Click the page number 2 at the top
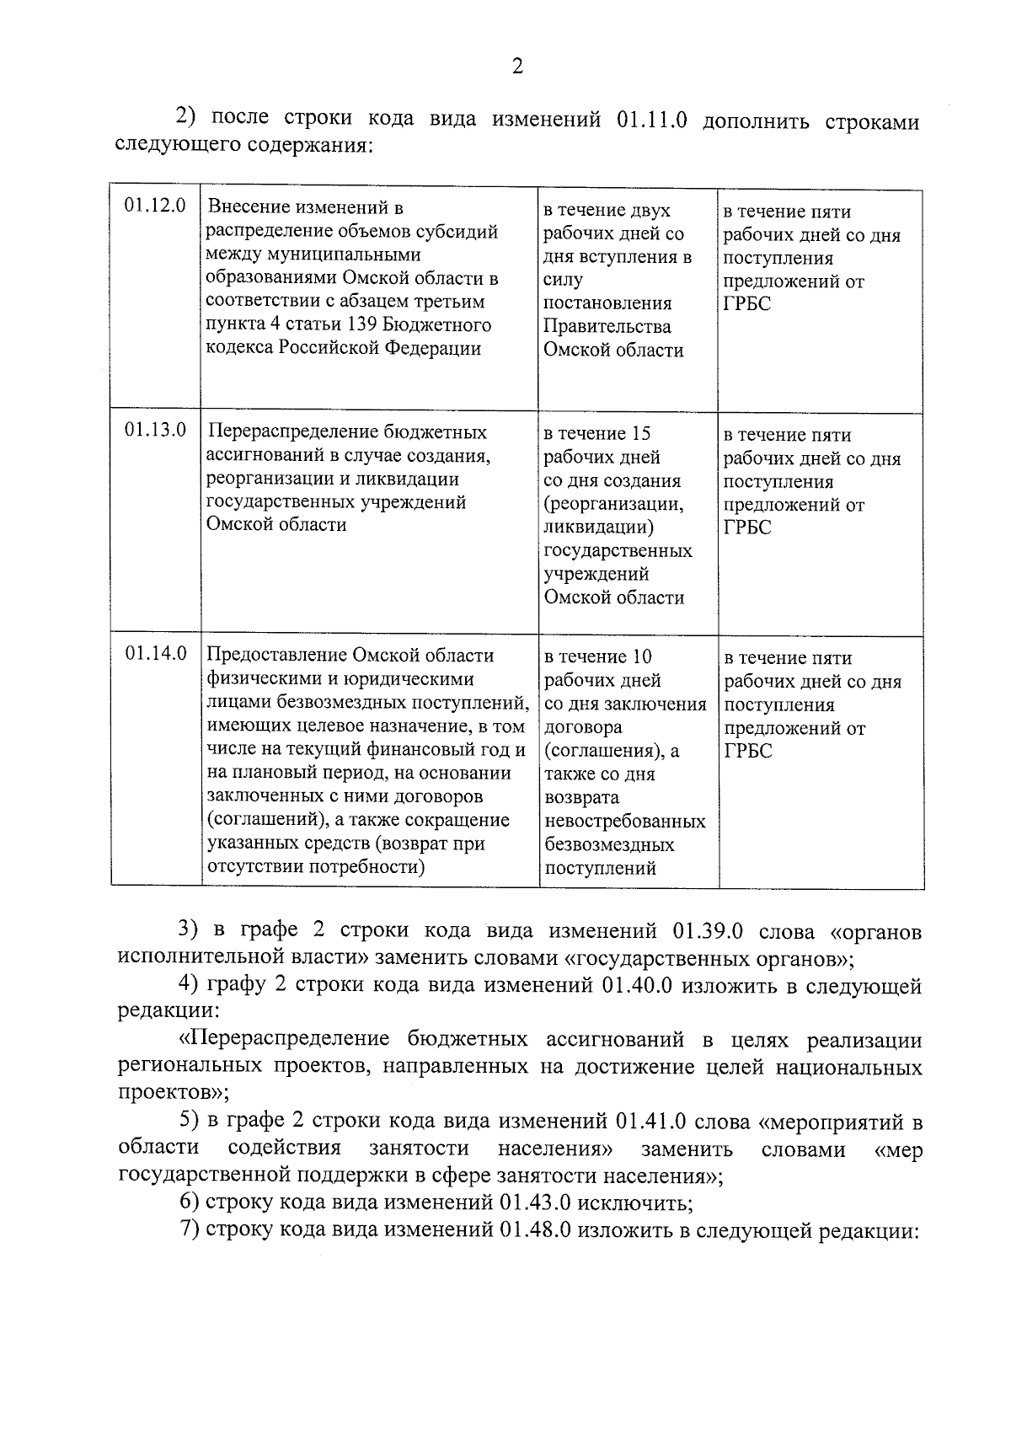[516, 67]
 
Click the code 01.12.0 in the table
[155, 206]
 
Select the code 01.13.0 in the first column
[155, 431]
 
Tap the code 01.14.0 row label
[156, 653]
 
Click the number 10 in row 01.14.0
[640, 656]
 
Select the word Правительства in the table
[607, 327]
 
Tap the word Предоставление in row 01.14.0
[277, 656]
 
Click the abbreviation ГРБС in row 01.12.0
[747, 304]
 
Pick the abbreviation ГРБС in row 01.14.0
[748, 751]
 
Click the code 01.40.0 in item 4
[637, 986]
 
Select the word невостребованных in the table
[625, 821]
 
